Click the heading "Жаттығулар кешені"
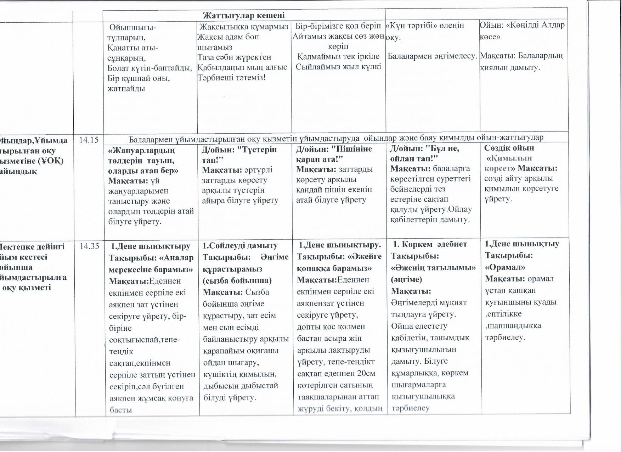pos(244,16)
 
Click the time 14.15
pos(89,140)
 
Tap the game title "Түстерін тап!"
pos(240,154)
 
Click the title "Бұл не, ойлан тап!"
pos(424,153)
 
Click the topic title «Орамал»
pos(505,267)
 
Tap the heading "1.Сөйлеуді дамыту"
pos(240,245)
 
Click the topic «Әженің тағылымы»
pos(433,267)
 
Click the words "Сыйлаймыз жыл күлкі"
pos(338,67)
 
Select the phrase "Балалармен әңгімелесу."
pos(433,56)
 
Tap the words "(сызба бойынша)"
pos(237,280)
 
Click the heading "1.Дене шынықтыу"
pos(522,244)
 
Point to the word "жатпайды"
pos(126,88)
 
